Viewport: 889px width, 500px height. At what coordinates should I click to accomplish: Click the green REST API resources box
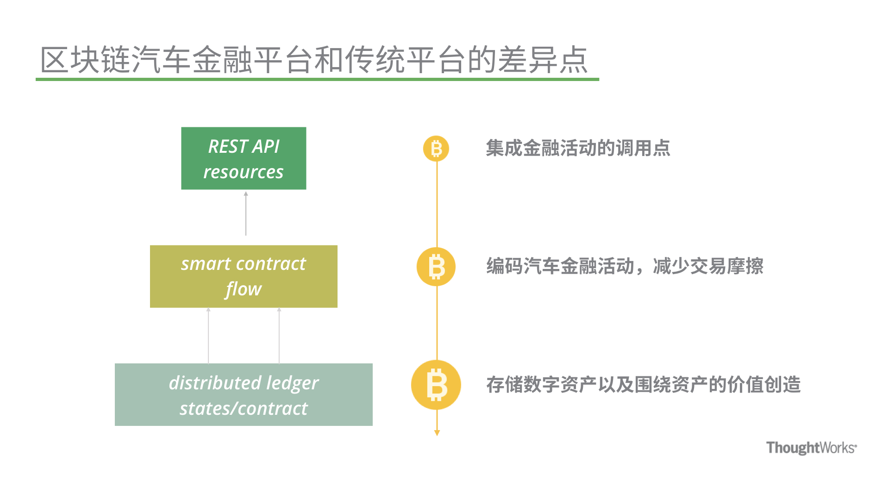pyautogui.click(x=244, y=158)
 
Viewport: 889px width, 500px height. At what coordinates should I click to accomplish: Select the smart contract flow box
pyautogui.click(x=244, y=276)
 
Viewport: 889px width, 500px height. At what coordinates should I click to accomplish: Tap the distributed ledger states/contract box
pyautogui.click(x=244, y=394)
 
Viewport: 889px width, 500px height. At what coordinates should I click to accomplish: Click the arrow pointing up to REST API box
pyautogui.click(x=246, y=213)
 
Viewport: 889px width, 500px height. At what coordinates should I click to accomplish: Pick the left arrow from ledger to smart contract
pyautogui.click(x=208, y=336)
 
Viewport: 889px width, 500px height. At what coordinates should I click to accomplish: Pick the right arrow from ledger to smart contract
pyautogui.click(x=279, y=336)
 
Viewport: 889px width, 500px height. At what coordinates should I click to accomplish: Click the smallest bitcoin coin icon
pyautogui.click(x=436, y=149)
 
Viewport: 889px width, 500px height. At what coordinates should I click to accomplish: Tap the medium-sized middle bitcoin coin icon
pyautogui.click(x=436, y=267)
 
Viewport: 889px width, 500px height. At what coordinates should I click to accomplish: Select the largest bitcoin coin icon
pyautogui.click(x=436, y=385)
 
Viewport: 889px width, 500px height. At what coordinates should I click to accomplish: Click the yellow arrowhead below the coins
pyautogui.click(x=437, y=433)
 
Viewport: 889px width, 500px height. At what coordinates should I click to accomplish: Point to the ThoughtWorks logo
pyautogui.click(x=812, y=448)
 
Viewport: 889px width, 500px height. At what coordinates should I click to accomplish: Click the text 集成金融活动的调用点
pyautogui.click(x=578, y=148)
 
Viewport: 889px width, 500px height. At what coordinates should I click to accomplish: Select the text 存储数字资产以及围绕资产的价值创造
pyautogui.click(x=644, y=385)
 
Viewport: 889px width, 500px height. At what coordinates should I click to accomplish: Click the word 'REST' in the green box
pyautogui.click(x=228, y=146)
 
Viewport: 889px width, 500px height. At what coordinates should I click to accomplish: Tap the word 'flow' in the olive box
pyautogui.click(x=244, y=289)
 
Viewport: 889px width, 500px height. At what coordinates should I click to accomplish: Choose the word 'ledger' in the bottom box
pyautogui.click(x=292, y=383)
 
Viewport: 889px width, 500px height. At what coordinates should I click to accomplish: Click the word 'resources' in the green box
pyautogui.click(x=244, y=172)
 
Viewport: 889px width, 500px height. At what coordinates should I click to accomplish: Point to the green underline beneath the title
pyautogui.click(x=317, y=79)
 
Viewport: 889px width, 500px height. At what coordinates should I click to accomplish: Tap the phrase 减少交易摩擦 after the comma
pyautogui.click(x=708, y=266)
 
